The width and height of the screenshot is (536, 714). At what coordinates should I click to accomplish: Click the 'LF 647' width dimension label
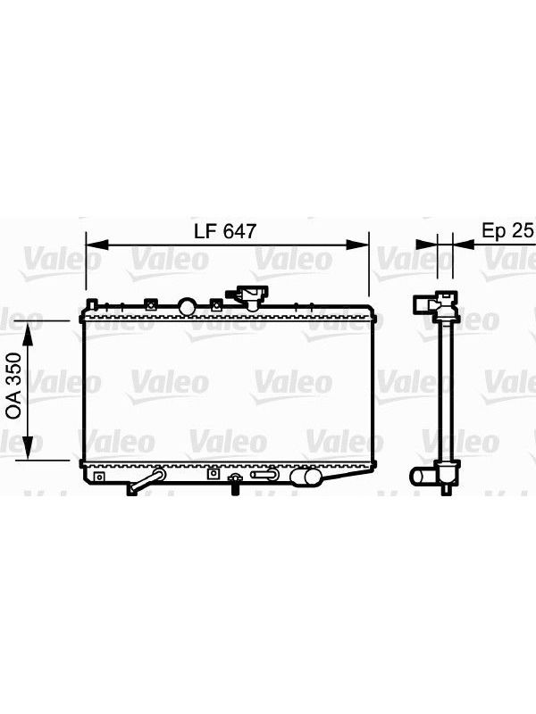coord(225,231)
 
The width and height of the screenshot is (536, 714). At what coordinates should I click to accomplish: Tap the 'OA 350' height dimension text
coord(13,386)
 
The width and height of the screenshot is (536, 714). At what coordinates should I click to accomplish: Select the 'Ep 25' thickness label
coord(507,231)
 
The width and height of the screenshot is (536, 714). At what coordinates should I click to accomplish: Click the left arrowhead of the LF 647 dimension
coord(97,245)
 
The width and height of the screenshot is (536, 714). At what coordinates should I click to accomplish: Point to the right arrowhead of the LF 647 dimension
coord(357,245)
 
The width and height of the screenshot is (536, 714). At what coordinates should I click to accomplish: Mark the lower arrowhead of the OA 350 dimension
coord(29,448)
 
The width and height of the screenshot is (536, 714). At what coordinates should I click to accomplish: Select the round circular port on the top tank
coord(187,306)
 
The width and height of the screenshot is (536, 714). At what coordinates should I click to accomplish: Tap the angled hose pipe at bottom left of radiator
coord(146,482)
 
